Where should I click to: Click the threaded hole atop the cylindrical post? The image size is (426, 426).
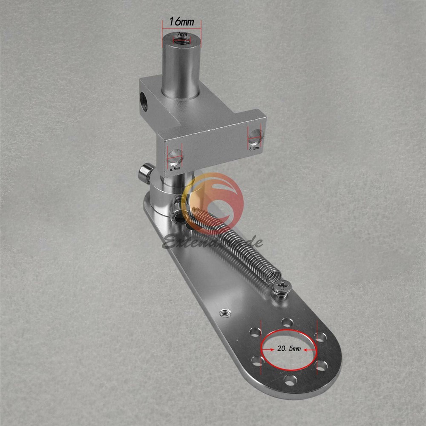pyautogui.click(x=181, y=40)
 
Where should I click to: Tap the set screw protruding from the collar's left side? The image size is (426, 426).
pyautogui.click(x=143, y=174)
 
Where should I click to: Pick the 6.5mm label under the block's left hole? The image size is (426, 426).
pyautogui.click(x=174, y=169)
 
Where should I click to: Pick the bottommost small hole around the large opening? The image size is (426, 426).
pyautogui.click(x=290, y=380)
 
